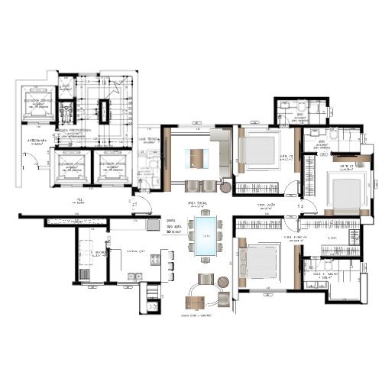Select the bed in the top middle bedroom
click(x=261, y=152)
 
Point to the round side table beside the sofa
click(x=227, y=187)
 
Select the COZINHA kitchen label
click(x=135, y=251)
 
